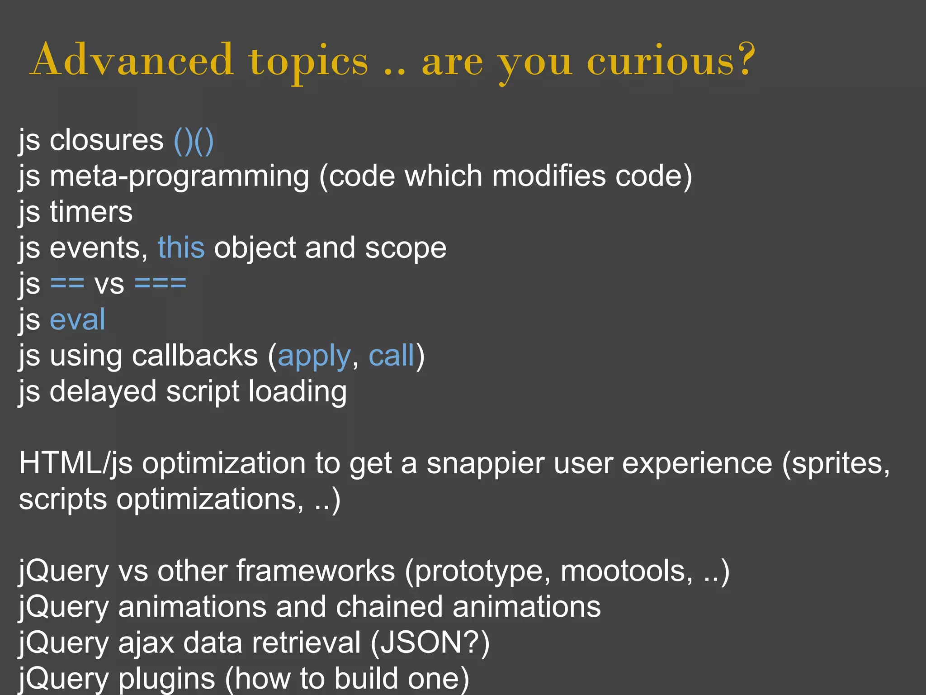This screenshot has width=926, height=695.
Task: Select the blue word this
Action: (x=181, y=248)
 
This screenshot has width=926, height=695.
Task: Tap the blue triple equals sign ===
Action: (x=161, y=284)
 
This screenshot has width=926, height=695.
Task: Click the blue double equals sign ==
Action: (x=67, y=284)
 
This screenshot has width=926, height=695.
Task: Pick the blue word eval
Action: (x=77, y=319)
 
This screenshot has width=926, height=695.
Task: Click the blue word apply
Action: (x=314, y=356)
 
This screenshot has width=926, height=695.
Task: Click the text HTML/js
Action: (x=76, y=463)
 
